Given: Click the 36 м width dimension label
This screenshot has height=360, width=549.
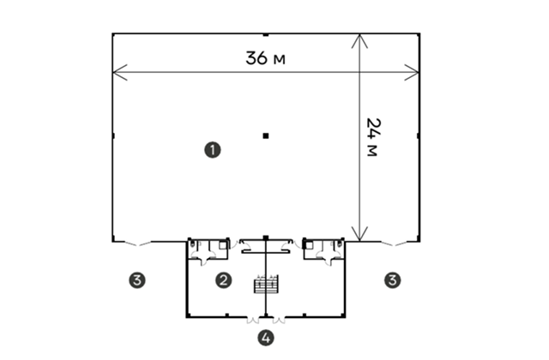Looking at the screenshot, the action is pos(265,58).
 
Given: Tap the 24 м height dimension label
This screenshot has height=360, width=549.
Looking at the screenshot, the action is pos(372,137).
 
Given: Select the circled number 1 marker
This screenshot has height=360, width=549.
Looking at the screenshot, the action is pos(213,150).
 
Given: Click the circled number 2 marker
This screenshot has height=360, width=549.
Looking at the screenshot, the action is pos(223,280).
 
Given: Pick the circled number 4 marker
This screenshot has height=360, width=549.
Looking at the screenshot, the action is pos(266,338).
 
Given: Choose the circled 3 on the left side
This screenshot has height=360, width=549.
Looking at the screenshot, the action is pos(137,280).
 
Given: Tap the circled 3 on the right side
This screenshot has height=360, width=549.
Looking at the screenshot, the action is pos(393,280).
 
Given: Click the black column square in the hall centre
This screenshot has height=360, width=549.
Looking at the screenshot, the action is pos(266,135).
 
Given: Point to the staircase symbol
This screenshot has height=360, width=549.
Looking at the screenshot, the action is pos(266,284).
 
